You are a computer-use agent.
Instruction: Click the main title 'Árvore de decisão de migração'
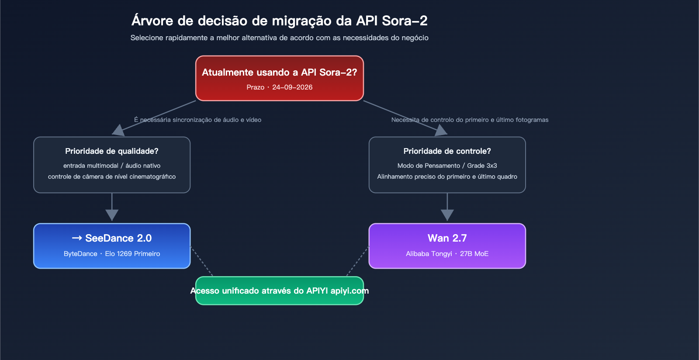point(279,21)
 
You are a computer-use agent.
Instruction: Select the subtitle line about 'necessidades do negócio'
point(279,38)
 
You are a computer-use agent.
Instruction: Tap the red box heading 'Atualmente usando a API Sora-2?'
point(279,73)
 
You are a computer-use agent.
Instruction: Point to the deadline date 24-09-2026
point(292,87)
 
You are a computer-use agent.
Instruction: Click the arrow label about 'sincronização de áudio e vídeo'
point(197,120)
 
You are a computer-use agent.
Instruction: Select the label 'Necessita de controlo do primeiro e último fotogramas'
point(470,120)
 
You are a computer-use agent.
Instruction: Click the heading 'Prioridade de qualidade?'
point(112,151)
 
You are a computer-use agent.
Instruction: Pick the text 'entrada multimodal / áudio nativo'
point(112,166)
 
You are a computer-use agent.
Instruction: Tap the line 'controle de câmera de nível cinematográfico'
point(112,177)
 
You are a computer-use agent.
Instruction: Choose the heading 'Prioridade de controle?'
point(447,151)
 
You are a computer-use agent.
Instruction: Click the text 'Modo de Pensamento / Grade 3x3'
point(447,166)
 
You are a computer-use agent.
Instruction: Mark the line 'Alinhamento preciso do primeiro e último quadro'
point(447,177)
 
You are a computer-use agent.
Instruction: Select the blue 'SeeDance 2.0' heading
point(112,238)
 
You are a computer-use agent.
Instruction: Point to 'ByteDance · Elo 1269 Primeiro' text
point(112,254)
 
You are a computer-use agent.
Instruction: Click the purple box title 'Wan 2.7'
point(447,238)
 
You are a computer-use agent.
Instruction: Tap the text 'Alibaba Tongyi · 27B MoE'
point(447,254)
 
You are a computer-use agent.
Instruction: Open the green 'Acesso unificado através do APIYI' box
point(279,291)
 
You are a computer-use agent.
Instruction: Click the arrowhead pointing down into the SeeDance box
point(112,215)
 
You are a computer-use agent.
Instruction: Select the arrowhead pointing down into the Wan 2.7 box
point(447,215)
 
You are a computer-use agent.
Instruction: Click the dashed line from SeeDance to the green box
point(201,261)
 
